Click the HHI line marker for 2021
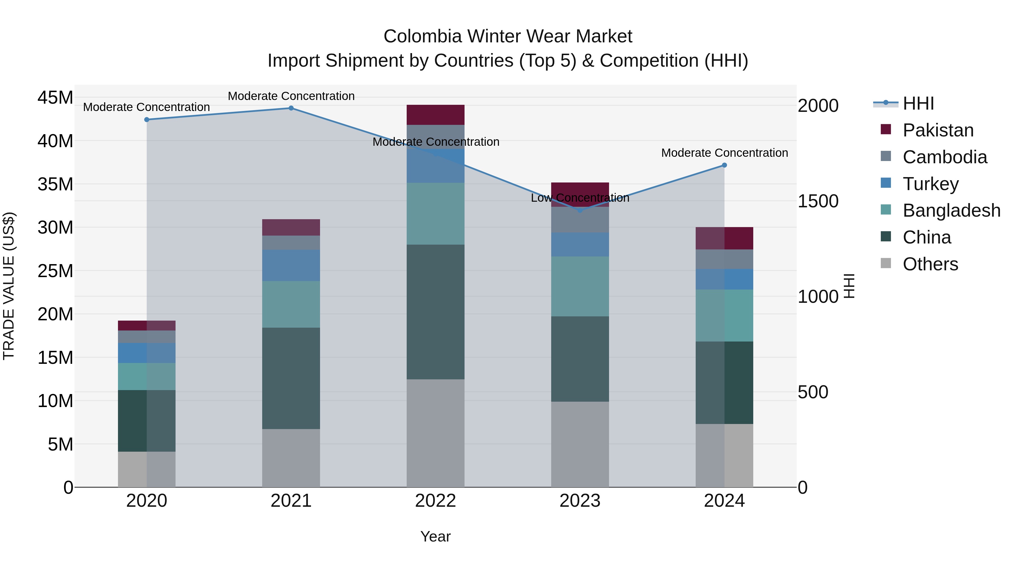coord(291,108)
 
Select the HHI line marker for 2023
coord(580,210)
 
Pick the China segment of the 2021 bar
coord(291,378)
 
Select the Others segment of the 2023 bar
coord(580,444)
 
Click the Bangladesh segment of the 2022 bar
coord(435,214)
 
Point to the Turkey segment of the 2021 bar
coord(291,265)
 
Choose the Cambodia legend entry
coord(945,157)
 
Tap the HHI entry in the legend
coord(918,103)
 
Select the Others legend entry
coord(930,264)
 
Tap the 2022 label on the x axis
coord(435,501)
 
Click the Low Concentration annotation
coord(580,198)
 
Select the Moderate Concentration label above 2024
coord(724,153)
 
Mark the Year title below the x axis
coord(435,536)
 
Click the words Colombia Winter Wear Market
coord(508,36)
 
